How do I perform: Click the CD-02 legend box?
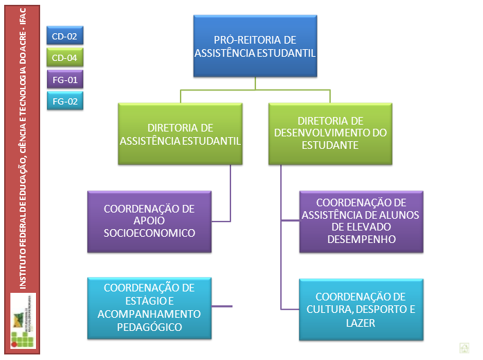[x=64, y=35]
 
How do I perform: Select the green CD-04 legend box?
[x=64, y=58]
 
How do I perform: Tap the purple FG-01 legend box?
[x=64, y=80]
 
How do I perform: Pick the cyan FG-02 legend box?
[x=64, y=102]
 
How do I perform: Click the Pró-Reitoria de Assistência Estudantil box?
[x=255, y=46]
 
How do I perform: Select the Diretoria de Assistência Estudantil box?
[x=180, y=134]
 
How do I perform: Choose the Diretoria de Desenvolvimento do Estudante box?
[x=330, y=133]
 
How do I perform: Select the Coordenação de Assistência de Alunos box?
[x=360, y=221]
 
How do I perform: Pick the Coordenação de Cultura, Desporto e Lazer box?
[x=360, y=309]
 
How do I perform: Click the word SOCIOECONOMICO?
[x=149, y=233]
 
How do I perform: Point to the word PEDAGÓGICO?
[x=149, y=327]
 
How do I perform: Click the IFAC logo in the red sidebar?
[x=22, y=320]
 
